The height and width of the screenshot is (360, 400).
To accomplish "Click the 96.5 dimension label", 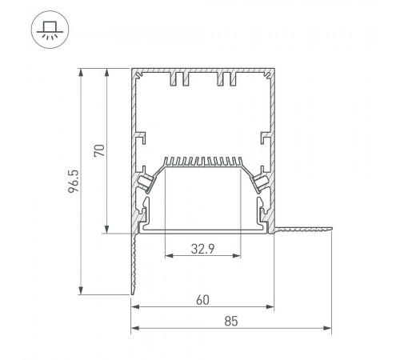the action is [74, 182].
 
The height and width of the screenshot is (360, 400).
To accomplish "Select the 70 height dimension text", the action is [99, 150].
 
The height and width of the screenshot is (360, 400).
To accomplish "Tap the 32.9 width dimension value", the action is [202, 249].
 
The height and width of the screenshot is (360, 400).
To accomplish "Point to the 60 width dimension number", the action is [202, 300].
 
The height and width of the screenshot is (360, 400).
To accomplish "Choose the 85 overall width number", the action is [231, 322].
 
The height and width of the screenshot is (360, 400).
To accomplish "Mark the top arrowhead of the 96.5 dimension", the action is [81, 73].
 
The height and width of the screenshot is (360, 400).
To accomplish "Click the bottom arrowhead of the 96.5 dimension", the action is [81, 290].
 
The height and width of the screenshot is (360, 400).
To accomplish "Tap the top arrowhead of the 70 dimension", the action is [106, 73].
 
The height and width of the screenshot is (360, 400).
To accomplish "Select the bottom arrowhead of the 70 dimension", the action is [106, 230].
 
